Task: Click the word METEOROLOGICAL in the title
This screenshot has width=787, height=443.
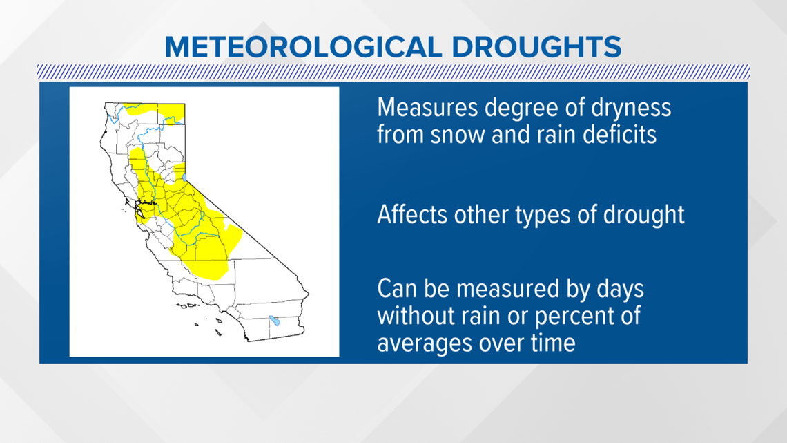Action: pos(303,47)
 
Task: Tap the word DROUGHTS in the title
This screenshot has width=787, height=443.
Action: pos(536,47)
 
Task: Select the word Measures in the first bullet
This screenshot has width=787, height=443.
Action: pos(427,108)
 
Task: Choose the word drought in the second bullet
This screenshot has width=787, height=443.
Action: pos(644,215)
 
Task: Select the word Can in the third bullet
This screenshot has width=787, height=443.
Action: pos(396,289)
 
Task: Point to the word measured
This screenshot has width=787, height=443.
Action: pos(507,289)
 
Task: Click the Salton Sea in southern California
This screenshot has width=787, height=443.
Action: pos(274,321)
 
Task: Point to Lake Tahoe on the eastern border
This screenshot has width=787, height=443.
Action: pos(185,178)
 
